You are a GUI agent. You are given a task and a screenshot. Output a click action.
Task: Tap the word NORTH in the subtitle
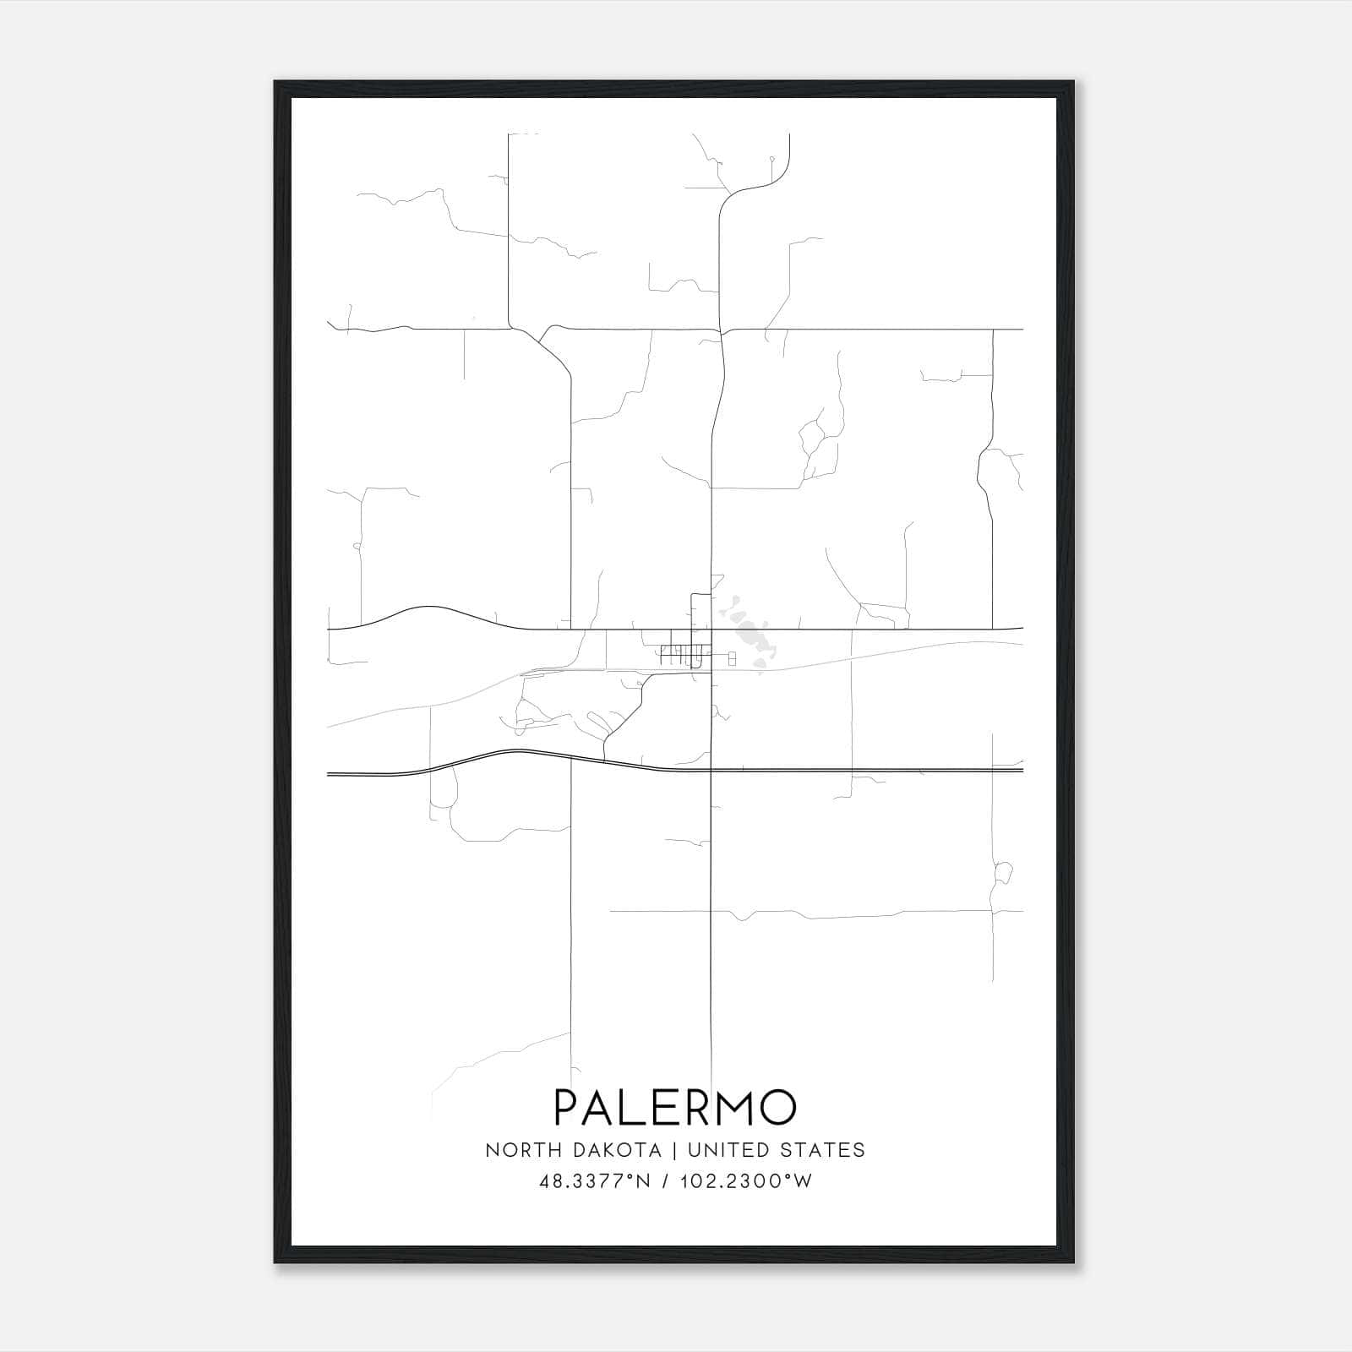(x=516, y=1149)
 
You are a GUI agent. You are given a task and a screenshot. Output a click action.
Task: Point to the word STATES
(x=821, y=1149)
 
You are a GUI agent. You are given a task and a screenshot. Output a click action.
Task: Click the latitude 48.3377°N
(x=594, y=1181)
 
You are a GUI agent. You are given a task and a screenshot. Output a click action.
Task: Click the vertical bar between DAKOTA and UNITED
(x=674, y=1149)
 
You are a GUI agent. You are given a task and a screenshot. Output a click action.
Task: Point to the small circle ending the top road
(x=771, y=158)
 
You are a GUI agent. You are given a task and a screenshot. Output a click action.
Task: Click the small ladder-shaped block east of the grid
(x=732, y=657)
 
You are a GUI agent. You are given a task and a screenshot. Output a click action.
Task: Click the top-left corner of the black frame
(x=275, y=83)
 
